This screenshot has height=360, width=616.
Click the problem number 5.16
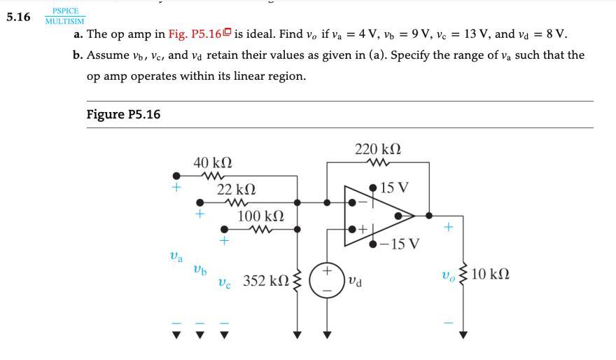coord(18,17)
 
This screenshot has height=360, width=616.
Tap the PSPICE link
coord(65,11)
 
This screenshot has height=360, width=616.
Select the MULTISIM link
coord(64,21)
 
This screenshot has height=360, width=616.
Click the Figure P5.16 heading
coord(123,114)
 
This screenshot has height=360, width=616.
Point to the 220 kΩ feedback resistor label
coord(378,149)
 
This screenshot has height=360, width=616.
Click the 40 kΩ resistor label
coord(213,162)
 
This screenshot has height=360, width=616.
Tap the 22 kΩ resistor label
coord(236,189)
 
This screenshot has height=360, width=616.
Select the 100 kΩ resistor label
coord(260,216)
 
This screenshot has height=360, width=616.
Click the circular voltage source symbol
coord(325,280)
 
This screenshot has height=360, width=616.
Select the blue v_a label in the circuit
coord(176,257)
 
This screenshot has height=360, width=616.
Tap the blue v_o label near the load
coord(449,274)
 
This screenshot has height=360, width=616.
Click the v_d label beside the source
coord(355,281)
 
